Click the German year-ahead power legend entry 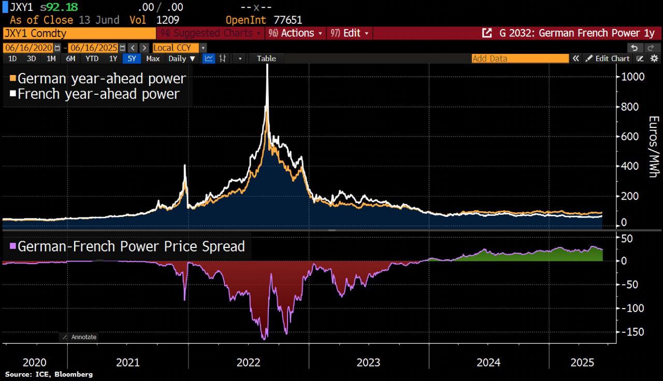pos(102,79)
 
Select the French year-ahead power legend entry pos(98,94)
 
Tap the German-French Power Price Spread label pos(131,246)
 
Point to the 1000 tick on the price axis pos(633,77)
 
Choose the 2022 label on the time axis pos(248,362)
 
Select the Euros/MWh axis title pos(653,147)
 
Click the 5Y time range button pos(132,58)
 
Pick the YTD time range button pos(92,58)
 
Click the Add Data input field pos(520,58)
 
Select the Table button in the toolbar pos(266,58)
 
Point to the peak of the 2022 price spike pos(267,66)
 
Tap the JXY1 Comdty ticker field pos(79,33)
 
